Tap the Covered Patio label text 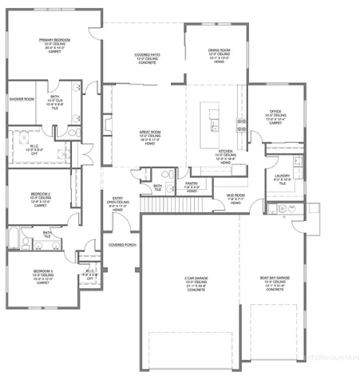pos(148,55)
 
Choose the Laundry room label pos(282,175)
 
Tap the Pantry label pos(192,184)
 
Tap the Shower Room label pos(22,99)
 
